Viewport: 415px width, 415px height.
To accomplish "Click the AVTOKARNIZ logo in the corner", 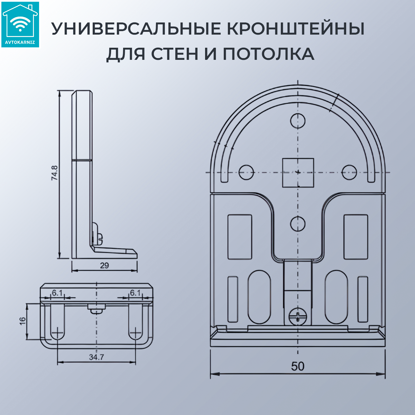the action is click(20, 25).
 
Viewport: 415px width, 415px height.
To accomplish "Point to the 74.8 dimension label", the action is click(55, 173).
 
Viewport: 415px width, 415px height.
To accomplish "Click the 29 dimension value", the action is click(104, 266).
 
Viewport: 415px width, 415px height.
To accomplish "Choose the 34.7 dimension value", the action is click(96, 357).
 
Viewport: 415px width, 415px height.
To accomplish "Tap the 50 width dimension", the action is click(297, 366).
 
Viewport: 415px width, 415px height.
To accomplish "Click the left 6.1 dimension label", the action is click(57, 293).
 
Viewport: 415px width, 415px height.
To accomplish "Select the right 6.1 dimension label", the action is click(135, 293).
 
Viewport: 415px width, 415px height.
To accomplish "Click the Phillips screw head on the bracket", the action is click(298, 316).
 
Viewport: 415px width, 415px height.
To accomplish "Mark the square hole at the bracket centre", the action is click(298, 173).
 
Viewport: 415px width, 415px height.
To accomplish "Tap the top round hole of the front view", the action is click(298, 121).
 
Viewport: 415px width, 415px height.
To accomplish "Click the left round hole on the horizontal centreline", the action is click(246, 172).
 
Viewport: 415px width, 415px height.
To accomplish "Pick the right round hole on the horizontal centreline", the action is click(349, 172).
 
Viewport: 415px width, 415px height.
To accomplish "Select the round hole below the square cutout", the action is click(298, 224).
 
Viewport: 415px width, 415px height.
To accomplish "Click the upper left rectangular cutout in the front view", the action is click(240, 237).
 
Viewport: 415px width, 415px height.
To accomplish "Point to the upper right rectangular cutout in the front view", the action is click(356, 237).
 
